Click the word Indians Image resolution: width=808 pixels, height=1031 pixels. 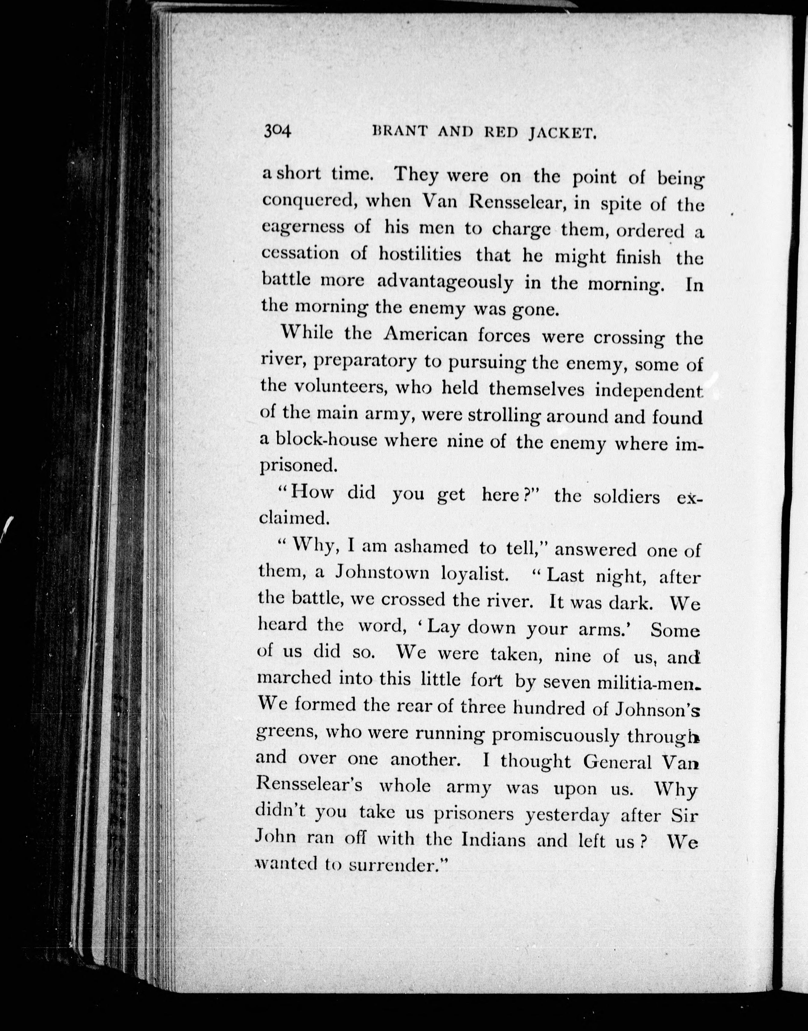(x=493, y=839)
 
